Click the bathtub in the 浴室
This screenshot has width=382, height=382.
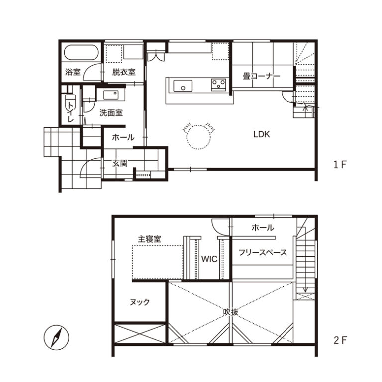pyautogui.click(x=82, y=52)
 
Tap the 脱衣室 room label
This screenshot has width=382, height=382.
pyautogui.click(x=124, y=72)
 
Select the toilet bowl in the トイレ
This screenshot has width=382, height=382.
pyautogui.click(x=71, y=103)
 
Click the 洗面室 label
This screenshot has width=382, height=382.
pyautogui.click(x=111, y=113)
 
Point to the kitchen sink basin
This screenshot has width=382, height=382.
pyautogui.click(x=183, y=86)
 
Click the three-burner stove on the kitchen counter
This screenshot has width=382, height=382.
pyautogui.click(x=218, y=85)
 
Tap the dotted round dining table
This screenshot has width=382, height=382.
pyautogui.click(x=198, y=137)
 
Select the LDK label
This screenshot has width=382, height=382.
pyautogui.click(x=262, y=134)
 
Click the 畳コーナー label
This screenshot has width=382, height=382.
pyautogui.click(x=262, y=76)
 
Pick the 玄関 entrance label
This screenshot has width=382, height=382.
pyautogui.click(x=120, y=163)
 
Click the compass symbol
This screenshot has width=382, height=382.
pyautogui.click(x=56, y=338)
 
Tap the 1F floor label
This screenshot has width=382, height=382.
pyautogui.click(x=340, y=165)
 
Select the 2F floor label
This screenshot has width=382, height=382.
pyautogui.click(x=340, y=340)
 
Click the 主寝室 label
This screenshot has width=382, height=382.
pyautogui.click(x=150, y=239)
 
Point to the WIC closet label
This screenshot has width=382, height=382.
pyautogui.click(x=209, y=259)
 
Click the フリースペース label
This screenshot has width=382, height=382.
pyautogui.click(x=263, y=252)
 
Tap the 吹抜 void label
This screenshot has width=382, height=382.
pyautogui.click(x=231, y=312)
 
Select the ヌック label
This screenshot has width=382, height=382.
pyautogui.click(x=140, y=302)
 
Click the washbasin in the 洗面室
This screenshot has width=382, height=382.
pyautogui.click(x=111, y=95)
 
